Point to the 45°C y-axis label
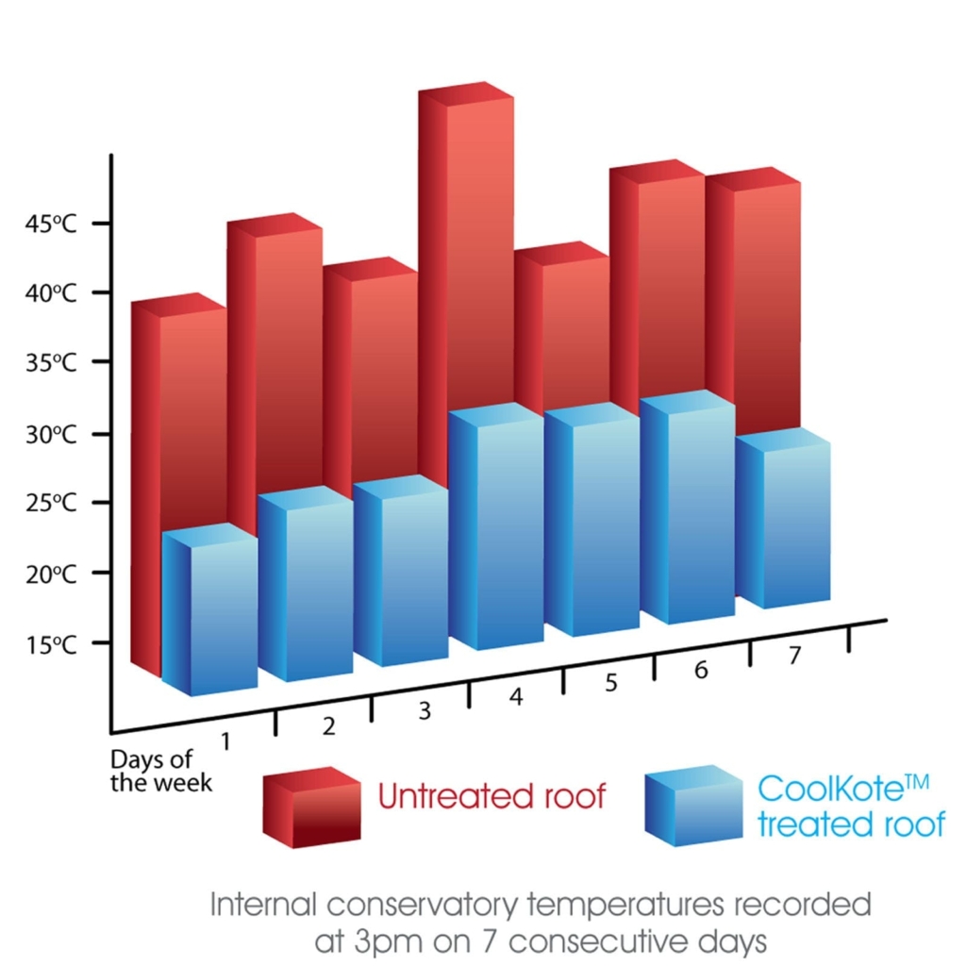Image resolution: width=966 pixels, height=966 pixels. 51,225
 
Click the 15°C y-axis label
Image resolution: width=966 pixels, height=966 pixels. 51,645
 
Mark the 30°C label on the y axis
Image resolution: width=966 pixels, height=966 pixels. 51,435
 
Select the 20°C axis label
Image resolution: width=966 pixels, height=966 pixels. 51,574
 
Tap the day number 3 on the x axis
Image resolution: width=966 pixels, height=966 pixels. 425,711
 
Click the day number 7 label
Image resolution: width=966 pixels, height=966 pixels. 794,657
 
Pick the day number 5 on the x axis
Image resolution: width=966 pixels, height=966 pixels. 611,682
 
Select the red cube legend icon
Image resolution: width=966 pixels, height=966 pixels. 310,807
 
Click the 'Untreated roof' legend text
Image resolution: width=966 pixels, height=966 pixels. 491,796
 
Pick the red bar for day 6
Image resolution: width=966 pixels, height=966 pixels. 658,283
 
